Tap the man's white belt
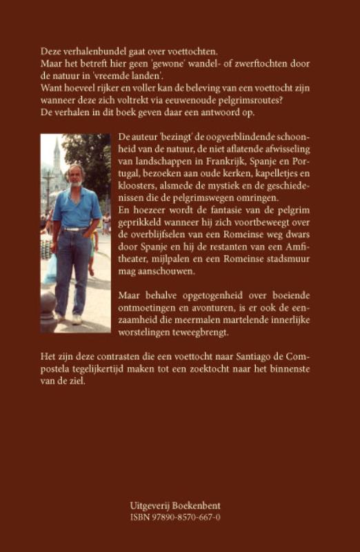(x=73, y=228)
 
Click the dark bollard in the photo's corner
(x=48, y=308)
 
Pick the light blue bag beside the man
(x=51, y=269)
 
